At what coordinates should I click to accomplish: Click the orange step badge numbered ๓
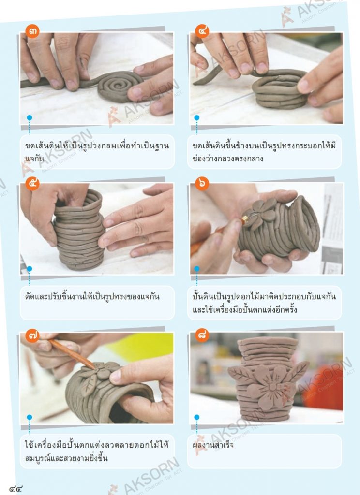[32, 31]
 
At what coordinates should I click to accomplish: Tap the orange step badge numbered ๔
[202, 31]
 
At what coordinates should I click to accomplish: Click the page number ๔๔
[16, 489]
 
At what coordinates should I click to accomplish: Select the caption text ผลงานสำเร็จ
[213, 445]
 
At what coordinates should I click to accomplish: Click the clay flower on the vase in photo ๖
[259, 212]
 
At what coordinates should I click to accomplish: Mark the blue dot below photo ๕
[30, 269]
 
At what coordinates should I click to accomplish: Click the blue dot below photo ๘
[196, 417]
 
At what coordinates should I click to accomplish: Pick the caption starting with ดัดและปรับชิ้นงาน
[92, 297]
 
